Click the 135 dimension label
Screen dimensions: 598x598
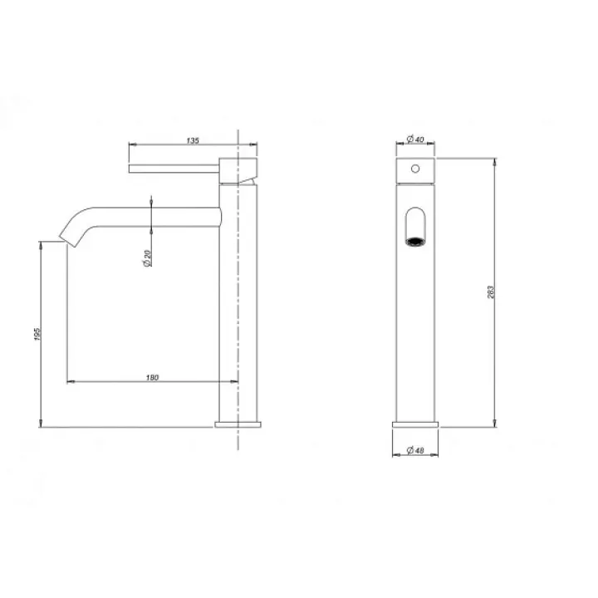pyautogui.click(x=193, y=140)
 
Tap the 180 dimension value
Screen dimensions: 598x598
pyautogui.click(x=152, y=378)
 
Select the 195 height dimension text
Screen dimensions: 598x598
pyautogui.click(x=37, y=334)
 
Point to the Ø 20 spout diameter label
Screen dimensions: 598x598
pyautogui.click(x=148, y=258)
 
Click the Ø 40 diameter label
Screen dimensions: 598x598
pyautogui.click(x=415, y=140)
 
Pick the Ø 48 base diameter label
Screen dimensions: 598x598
pyautogui.click(x=415, y=450)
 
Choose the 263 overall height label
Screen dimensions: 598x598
pyautogui.click(x=491, y=292)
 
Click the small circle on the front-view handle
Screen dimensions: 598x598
pyautogui.click(x=415, y=169)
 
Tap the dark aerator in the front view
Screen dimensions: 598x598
pyautogui.click(x=415, y=242)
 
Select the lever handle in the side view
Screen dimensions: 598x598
pyautogui.click(x=174, y=169)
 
